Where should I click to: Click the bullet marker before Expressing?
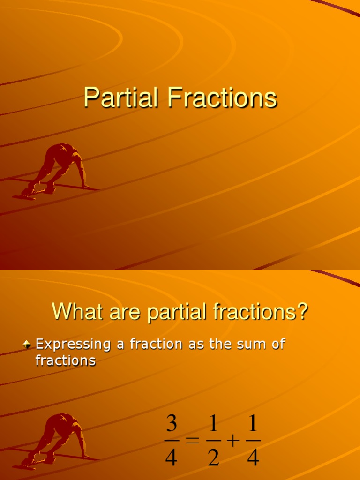point(27,345)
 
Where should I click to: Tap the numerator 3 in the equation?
point(172,424)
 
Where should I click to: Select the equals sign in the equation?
point(192,441)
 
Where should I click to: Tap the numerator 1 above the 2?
point(213,424)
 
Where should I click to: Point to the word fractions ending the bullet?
point(66,360)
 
